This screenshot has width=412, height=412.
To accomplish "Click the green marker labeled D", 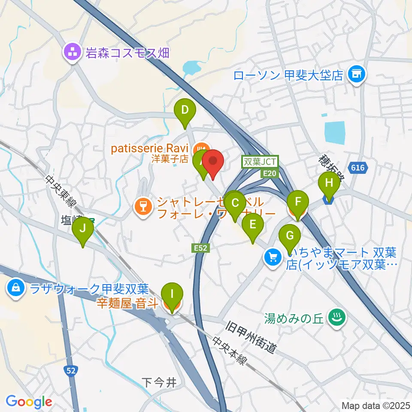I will coord(185,111).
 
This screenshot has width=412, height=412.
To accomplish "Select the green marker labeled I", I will coord(172,295).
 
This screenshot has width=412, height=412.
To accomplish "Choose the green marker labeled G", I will coord(290,236).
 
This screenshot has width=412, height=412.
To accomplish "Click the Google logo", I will coord(29,402).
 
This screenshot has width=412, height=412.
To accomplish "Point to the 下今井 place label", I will coord(159,382).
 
